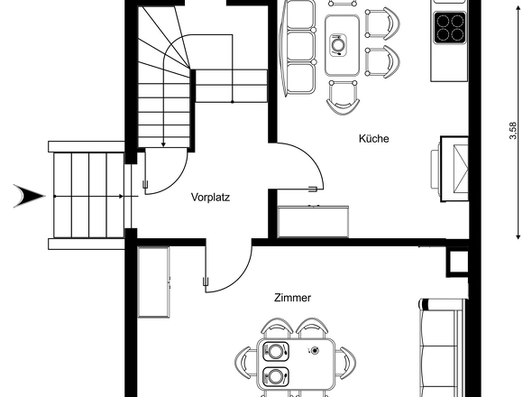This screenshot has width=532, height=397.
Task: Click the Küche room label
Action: click(x=373, y=139)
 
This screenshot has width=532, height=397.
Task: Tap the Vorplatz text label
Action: click(x=210, y=196)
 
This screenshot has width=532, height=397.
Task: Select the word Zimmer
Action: click(x=293, y=297)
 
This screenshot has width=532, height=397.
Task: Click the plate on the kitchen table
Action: click(x=339, y=43)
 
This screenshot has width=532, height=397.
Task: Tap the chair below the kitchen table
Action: click(x=343, y=95)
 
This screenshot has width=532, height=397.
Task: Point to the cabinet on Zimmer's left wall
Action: click(x=157, y=282)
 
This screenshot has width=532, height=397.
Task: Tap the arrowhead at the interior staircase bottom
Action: click(x=162, y=142)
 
